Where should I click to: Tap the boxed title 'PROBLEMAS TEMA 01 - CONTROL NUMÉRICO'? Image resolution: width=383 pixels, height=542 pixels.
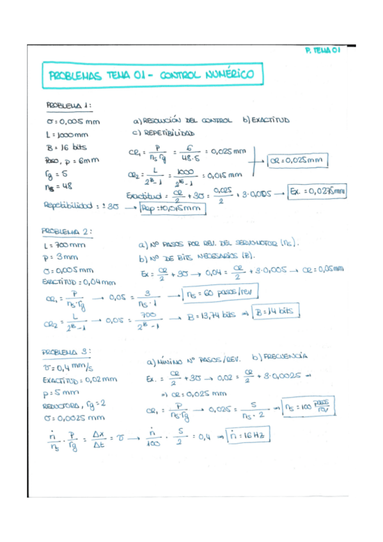[x=151, y=76]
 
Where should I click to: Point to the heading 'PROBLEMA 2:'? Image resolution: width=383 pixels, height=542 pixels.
[x=68, y=231]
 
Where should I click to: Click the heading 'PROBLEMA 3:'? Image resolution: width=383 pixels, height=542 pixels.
[x=66, y=352]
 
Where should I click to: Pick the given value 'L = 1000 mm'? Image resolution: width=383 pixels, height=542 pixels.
[x=67, y=134]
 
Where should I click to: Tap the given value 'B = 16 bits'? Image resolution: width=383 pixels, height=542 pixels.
[x=65, y=146]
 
